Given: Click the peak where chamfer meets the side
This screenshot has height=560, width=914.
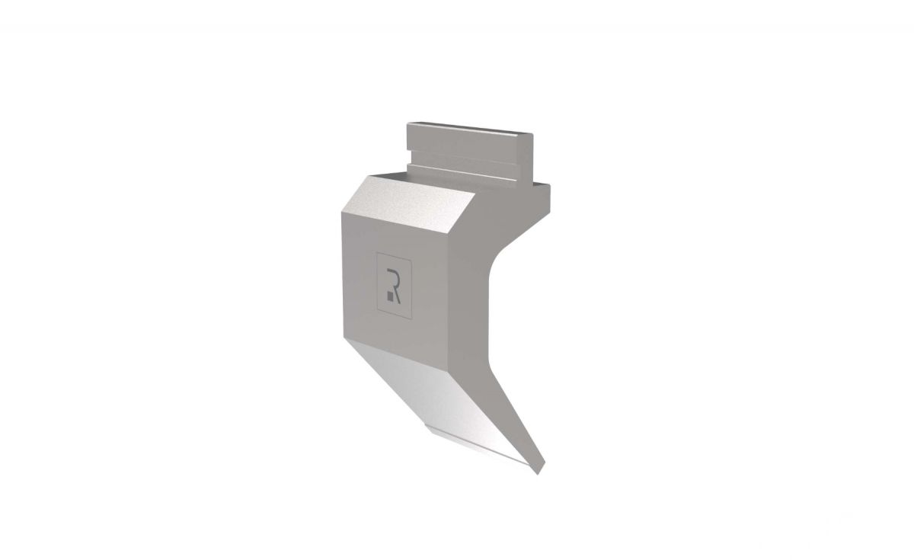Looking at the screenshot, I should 478,197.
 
